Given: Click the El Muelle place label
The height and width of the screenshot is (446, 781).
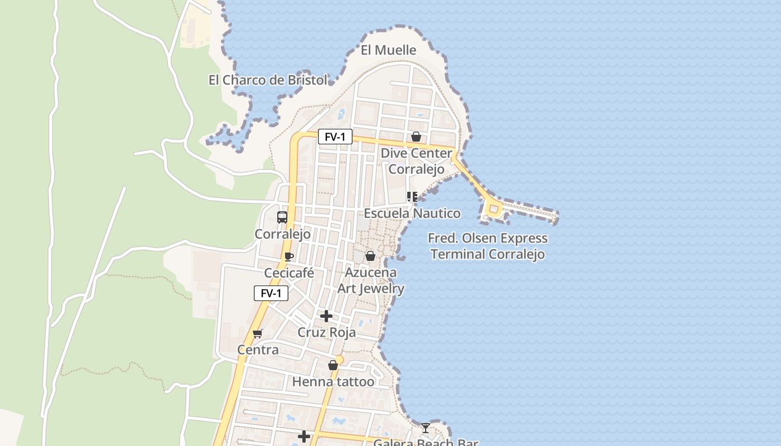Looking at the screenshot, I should tap(388, 50).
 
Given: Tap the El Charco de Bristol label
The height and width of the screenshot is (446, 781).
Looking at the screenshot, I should tap(268, 80).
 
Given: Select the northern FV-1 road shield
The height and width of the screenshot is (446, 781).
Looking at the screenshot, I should tap(335, 137).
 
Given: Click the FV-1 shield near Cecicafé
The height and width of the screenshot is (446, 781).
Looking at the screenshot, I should tap(271, 293).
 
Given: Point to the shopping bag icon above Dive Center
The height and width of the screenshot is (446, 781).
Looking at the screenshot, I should tap(416, 137).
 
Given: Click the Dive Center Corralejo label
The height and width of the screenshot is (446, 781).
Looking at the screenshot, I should tap(417, 161).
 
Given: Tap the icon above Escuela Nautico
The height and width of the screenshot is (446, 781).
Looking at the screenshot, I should tap(412, 197).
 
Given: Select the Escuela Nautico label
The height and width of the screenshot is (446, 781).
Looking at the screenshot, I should tap(412, 214).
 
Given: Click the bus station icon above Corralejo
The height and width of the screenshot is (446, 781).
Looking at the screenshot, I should tap(282, 217).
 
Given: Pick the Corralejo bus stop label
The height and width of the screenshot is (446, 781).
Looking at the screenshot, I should tap(282, 234).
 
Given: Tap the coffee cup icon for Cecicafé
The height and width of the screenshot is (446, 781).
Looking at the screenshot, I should tap(288, 256).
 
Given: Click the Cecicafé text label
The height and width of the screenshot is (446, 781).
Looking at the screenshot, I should tap(289, 274).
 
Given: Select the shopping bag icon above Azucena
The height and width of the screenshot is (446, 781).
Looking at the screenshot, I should tap(370, 256).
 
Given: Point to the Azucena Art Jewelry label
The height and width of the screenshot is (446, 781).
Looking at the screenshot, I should tap(371, 280).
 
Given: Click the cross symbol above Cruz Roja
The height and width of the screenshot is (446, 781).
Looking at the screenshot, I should tap(326, 317).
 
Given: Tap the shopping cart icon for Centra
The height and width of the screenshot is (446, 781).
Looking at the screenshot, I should tap(257, 334).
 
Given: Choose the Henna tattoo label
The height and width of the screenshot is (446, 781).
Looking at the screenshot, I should tap(333, 382).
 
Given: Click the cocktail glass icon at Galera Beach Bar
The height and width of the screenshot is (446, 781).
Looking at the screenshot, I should tap(426, 428).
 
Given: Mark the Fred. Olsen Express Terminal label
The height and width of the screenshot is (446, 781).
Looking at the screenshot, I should tap(488, 246).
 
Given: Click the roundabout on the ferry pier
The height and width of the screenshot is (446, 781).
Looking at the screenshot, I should tap(493, 210).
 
